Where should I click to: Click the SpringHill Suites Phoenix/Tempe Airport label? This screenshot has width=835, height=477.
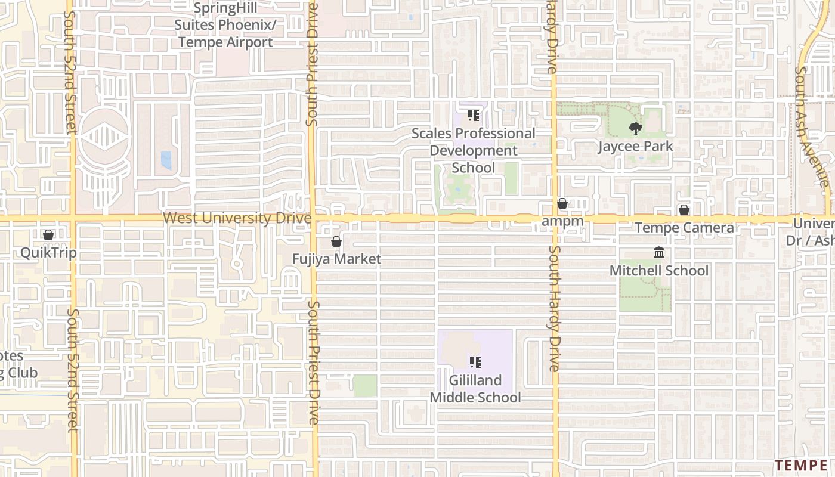tap(224, 25)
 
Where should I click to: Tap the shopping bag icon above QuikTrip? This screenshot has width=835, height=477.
tap(48, 235)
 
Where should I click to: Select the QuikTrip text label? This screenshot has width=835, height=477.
tap(48, 253)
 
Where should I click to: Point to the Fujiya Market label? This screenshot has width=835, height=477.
tap(336, 259)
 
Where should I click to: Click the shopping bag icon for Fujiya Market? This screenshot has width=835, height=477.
tap(336, 241)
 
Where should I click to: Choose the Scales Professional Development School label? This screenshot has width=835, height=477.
tap(474, 150)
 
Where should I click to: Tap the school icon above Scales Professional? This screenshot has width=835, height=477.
tap(474, 115)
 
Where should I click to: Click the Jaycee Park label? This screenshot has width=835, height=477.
tap(635, 146)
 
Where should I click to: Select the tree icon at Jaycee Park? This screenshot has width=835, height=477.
tap(635, 128)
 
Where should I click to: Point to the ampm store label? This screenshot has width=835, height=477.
tap(562, 221)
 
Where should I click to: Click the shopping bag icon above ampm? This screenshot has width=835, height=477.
tap(562, 204)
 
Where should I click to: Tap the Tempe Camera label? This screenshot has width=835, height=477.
tap(684, 228)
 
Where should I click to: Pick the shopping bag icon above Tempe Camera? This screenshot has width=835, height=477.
tap(684, 210)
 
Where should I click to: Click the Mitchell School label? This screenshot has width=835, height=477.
tap(659, 271)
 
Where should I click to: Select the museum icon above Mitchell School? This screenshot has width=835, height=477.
tap(659, 253)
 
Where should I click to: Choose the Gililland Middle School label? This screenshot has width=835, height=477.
tap(475, 389)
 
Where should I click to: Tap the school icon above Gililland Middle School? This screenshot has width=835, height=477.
tap(475, 362)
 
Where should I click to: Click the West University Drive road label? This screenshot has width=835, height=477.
tap(237, 218)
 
